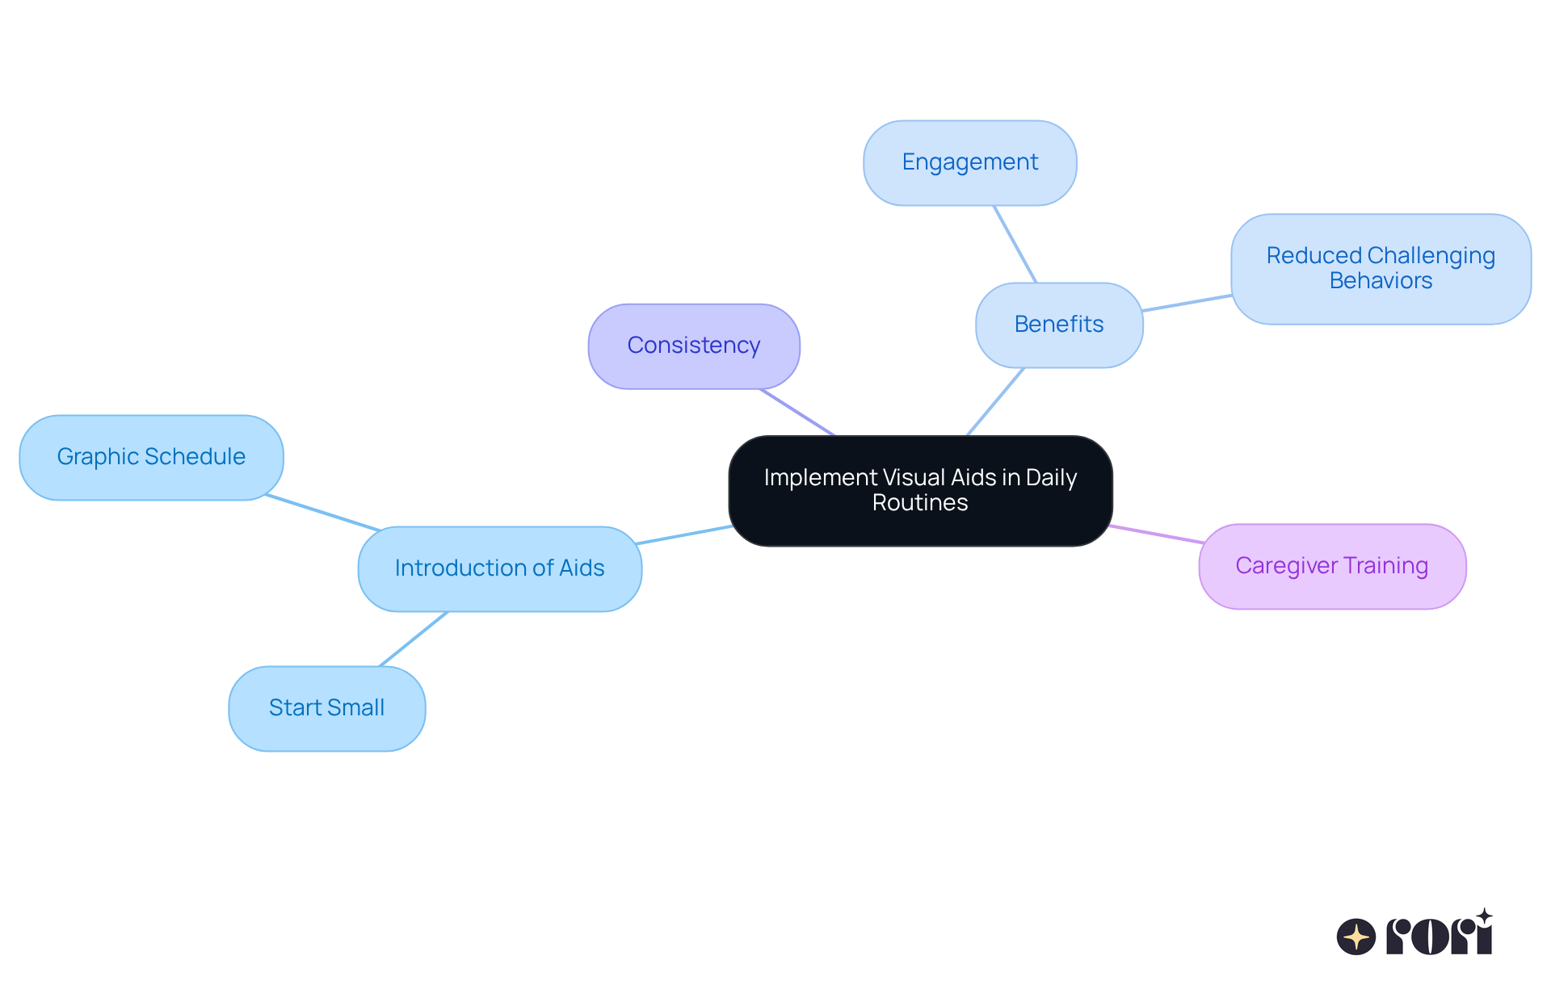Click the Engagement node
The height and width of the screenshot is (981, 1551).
969,163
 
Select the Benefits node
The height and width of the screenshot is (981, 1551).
1059,325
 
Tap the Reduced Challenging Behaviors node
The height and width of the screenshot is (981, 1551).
1381,269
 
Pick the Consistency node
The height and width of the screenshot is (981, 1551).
694,346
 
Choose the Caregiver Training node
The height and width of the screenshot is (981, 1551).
1332,566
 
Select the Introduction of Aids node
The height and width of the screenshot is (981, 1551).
499,568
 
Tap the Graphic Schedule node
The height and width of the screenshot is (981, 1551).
151,457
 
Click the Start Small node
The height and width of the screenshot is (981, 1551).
326,708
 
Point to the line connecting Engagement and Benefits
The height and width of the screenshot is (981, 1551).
1015,244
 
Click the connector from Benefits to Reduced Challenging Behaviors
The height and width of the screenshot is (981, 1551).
1187,304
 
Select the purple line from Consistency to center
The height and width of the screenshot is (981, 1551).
797,412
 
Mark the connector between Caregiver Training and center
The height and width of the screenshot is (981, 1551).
1156,535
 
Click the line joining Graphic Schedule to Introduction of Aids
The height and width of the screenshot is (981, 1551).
323,513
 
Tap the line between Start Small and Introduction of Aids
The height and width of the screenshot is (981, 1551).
414,639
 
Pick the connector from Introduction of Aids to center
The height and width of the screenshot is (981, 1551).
685,535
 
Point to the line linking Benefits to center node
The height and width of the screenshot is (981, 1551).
995,402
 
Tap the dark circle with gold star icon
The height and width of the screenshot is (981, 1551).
1356,937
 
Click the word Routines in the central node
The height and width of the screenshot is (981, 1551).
920,503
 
